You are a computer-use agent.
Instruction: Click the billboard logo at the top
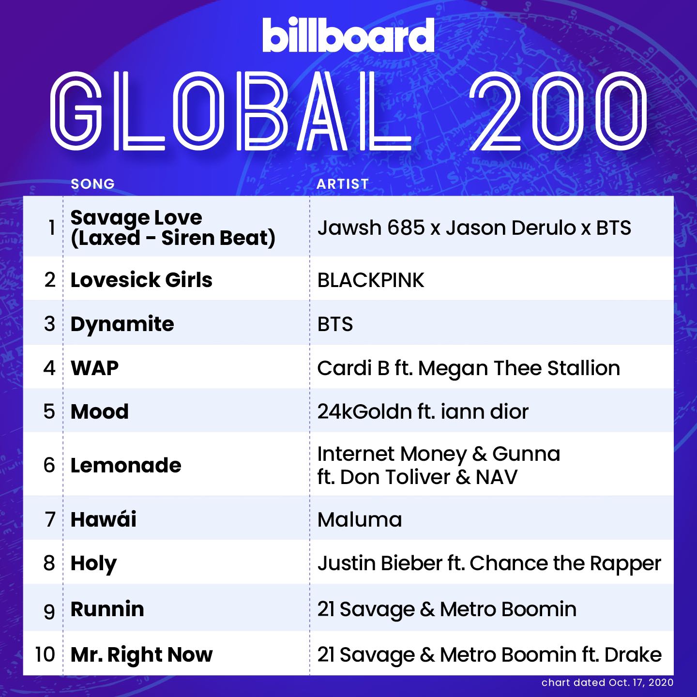348,35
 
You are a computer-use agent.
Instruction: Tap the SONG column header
92,184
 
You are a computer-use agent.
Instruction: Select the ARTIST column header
343,184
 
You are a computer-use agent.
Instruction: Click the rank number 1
52,228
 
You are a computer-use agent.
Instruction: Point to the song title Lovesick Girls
141,280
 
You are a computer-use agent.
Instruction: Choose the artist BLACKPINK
371,280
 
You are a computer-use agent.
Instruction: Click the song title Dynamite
122,324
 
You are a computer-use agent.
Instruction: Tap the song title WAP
95,368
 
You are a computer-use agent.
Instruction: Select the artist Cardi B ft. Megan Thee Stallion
469,368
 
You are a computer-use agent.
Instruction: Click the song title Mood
100,411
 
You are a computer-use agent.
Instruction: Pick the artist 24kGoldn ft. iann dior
423,411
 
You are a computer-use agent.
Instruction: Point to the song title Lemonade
126,465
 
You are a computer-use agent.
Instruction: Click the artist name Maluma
360,520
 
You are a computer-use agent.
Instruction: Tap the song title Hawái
104,519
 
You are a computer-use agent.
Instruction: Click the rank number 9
49,611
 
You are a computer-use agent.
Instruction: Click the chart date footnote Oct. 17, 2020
641,682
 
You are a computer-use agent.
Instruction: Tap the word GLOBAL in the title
231,111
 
